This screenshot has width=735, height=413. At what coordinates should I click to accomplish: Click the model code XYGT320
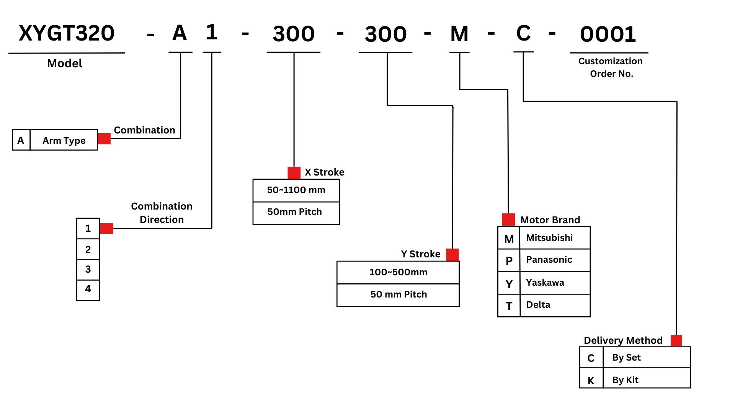click(67, 33)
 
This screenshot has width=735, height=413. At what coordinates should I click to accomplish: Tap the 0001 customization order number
click(608, 34)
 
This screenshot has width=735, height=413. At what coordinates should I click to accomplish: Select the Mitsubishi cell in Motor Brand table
click(549, 238)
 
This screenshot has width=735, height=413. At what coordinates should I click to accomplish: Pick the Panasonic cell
click(549, 260)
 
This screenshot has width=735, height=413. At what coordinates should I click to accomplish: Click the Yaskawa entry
click(545, 283)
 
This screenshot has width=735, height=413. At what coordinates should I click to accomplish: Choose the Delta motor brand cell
click(538, 305)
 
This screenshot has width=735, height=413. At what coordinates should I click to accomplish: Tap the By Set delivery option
click(626, 358)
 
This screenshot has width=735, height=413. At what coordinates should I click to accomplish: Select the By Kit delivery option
click(625, 380)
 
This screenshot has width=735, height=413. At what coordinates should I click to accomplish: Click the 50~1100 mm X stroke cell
click(296, 190)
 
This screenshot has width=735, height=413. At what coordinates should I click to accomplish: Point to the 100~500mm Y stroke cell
click(398, 272)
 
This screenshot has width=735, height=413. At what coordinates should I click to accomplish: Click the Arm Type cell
click(64, 141)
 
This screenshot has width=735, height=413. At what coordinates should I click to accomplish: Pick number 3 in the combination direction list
click(88, 269)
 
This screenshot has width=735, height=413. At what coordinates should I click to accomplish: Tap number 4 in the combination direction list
click(88, 289)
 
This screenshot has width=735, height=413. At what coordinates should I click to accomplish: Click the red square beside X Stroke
click(294, 173)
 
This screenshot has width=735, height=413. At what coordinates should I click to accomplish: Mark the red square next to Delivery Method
click(676, 340)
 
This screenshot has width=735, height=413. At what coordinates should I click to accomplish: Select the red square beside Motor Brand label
click(508, 220)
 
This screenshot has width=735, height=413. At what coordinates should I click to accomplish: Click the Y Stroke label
click(420, 254)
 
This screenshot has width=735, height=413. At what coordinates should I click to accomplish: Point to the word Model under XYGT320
click(64, 63)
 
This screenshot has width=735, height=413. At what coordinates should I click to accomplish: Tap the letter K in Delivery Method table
click(591, 380)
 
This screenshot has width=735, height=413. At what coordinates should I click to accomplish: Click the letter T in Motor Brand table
click(509, 306)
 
